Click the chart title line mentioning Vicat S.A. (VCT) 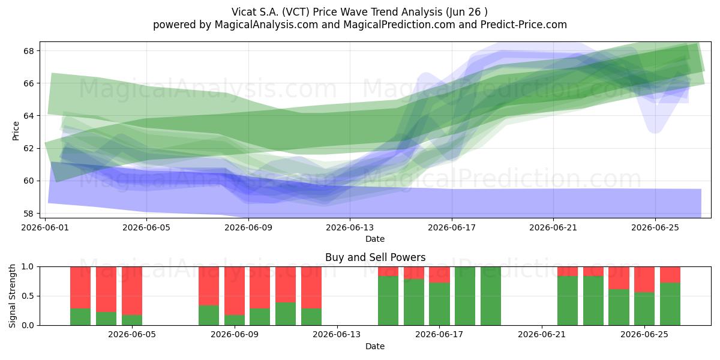(x=359, y=12)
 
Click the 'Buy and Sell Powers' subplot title (x=375, y=257)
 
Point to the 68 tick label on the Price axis (x=28, y=51)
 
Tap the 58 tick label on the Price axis (x=28, y=214)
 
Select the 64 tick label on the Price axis (x=28, y=116)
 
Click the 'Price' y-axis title (x=16, y=131)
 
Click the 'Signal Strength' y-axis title (x=12, y=296)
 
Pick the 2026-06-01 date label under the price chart (x=45, y=227)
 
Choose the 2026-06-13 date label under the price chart (x=350, y=227)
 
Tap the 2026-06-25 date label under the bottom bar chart (x=644, y=334)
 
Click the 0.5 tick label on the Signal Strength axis (x=28, y=296)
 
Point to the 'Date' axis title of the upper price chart (x=375, y=239)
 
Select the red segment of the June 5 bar (x=132, y=291)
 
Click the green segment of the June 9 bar (x=235, y=320)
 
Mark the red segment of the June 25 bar (x=644, y=280)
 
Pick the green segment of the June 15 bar (x=388, y=301)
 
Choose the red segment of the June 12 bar (x=311, y=287)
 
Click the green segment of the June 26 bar (x=670, y=304)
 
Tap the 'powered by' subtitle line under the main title (x=359, y=25)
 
